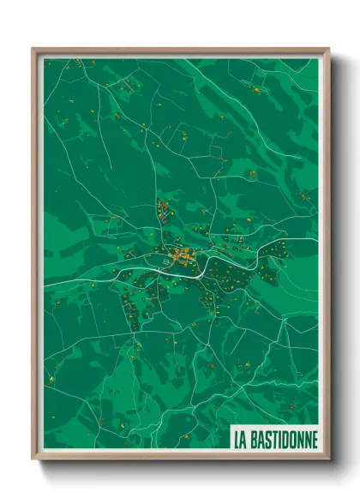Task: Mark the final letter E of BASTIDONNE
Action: (x=314, y=438)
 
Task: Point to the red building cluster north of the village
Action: (x=162, y=208)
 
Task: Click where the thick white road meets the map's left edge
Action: (x=45, y=282)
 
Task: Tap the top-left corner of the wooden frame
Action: (x=33, y=49)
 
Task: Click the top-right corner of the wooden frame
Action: (x=328, y=49)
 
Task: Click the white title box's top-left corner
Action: (x=230, y=427)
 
